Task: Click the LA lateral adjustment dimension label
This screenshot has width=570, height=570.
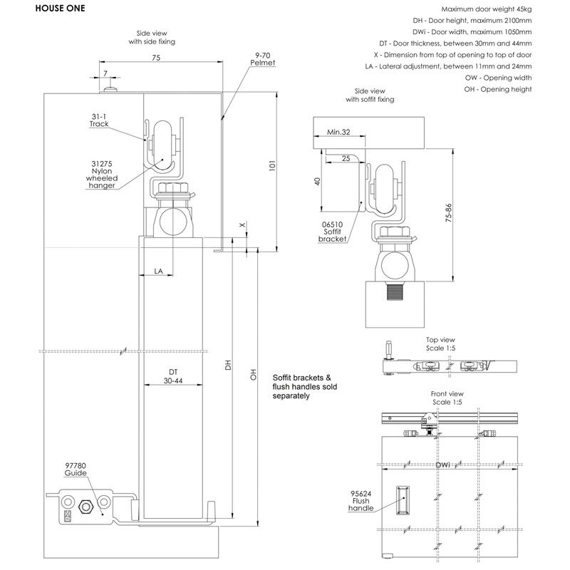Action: pos(160,271)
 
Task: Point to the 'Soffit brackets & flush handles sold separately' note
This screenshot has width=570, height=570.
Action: pos(303,386)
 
